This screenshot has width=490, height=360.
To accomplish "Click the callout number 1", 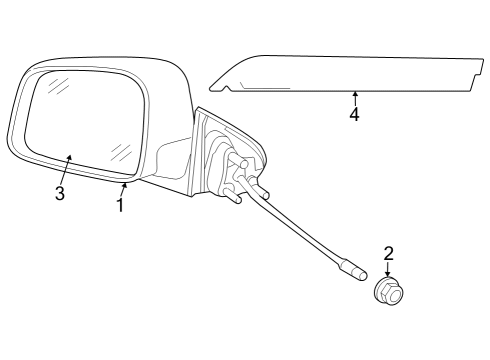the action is click(x=120, y=206).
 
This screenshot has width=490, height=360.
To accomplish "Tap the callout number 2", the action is click(x=388, y=254).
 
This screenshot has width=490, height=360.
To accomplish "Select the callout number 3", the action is click(x=60, y=193).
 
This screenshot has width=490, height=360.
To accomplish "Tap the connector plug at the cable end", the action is click(x=352, y=270).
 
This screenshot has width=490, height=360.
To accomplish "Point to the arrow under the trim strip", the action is click(x=354, y=96).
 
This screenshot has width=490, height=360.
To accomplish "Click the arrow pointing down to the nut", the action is click(x=388, y=270).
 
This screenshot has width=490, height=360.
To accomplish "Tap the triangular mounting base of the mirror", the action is click(x=225, y=155).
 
